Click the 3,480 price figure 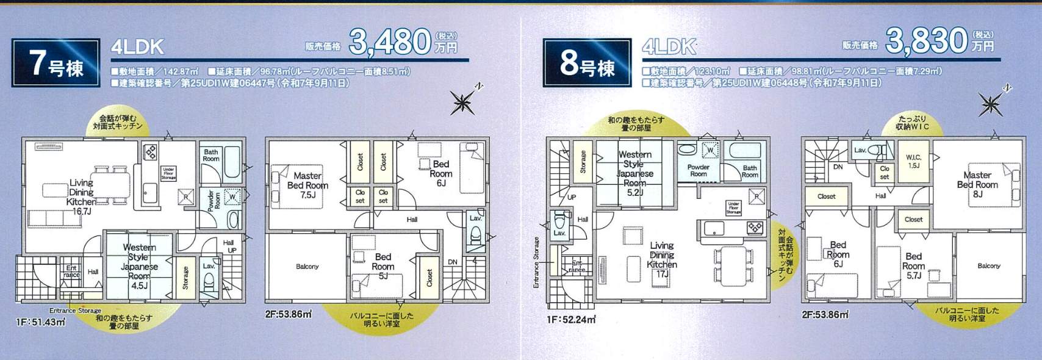tap(390, 41)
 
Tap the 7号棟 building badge tap(56, 63)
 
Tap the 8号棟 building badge tap(587, 63)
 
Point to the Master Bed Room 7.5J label tap(307, 185)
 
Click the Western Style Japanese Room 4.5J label tap(139, 266)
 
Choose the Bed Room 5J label tap(383, 266)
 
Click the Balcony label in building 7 tap(307, 267)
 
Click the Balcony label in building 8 tap(988, 266)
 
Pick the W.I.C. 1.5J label tap(913, 161)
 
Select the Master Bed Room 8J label tap(977, 184)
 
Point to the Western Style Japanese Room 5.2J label tap(634, 173)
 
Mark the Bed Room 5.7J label tap(913, 265)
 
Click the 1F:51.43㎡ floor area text tap(40, 322)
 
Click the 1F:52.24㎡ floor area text tap(571, 319)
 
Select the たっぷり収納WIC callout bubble tap(912, 123)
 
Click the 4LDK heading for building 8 tap(669, 46)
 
